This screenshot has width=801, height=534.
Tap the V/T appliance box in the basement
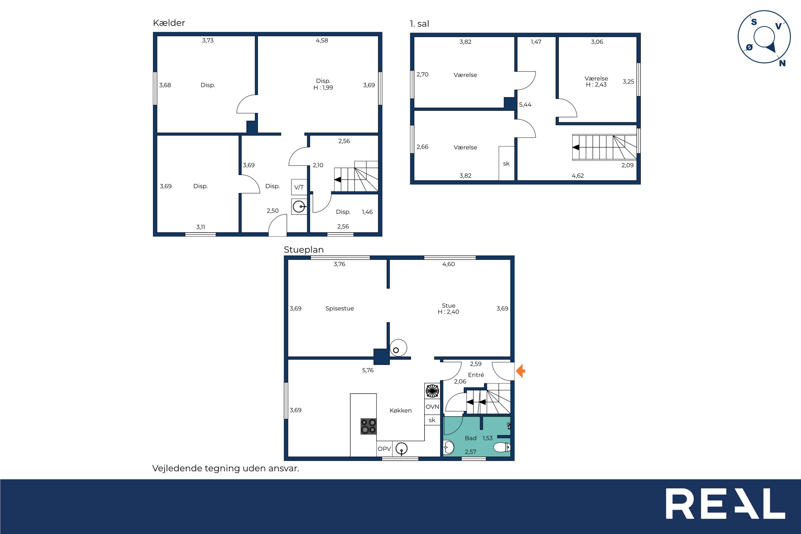click(x=299, y=187)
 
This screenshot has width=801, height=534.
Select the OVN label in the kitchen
click(x=432, y=407)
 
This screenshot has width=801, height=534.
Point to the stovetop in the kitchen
click(x=369, y=426)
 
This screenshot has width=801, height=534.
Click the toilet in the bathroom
click(x=502, y=447)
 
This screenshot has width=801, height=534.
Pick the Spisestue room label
click(x=340, y=308)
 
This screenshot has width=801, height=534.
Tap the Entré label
click(x=476, y=375)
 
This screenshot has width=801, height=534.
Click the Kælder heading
click(x=169, y=23)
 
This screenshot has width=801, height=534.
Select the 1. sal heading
click(x=419, y=24)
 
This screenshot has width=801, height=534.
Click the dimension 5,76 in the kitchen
click(x=368, y=370)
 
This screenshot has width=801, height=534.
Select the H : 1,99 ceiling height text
click(x=323, y=88)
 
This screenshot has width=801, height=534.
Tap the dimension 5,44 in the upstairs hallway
click(x=525, y=104)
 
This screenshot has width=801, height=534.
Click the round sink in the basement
click(x=299, y=206)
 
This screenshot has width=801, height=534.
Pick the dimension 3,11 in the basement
click(x=201, y=227)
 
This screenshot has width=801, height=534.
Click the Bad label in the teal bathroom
click(x=470, y=438)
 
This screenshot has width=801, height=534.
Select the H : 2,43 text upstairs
click(x=596, y=85)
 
